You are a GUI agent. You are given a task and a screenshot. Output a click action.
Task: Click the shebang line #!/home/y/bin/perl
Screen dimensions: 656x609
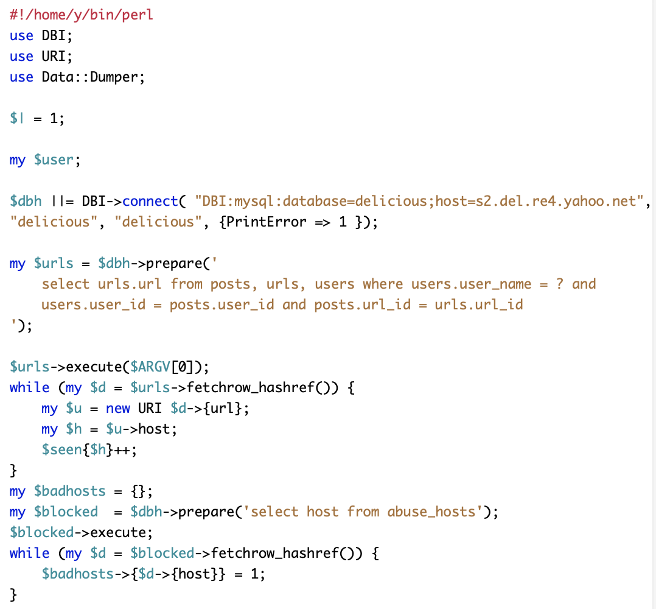pyautogui.click(x=82, y=15)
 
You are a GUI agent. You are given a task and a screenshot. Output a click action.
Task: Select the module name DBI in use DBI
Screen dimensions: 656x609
pyautogui.click(x=54, y=35)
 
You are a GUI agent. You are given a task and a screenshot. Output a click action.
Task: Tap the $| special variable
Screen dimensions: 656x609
pyautogui.click(x=17, y=119)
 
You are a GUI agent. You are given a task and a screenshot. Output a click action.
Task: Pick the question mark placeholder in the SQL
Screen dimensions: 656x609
pyautogui.click(x=559, y=284)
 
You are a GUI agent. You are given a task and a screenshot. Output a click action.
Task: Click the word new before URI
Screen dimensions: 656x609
pyautogui.click(x=118, y=408)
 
